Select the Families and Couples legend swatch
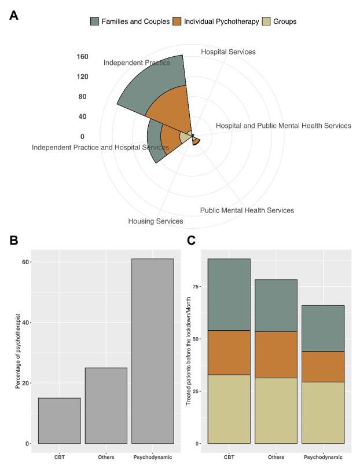point(96,21)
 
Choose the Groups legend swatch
point(267,21)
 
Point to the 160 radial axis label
point(82,57)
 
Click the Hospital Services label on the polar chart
point(228,52)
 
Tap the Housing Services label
point(155,221)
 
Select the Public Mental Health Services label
point(247,210)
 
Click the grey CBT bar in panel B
point(59,421)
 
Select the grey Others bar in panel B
point(106,405)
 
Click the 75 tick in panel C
point(197,286)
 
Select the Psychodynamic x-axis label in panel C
point(323,458)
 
